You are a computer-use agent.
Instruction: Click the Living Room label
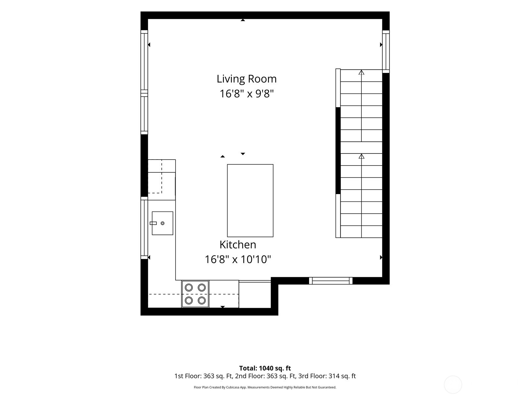pos(246,79)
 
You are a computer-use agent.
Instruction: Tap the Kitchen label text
pos(238,245)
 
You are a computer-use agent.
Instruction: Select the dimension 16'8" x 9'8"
pos(246,94)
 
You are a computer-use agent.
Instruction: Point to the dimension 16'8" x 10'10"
pos(238,259)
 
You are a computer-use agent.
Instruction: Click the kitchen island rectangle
pos(250,201)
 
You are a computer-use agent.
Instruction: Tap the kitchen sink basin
pos(162,223)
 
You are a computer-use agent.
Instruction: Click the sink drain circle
pos(163,223)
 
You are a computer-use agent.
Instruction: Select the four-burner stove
pos(195,294)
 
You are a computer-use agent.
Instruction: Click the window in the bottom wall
pos(331,281)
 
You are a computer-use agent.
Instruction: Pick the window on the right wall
pos(386,51)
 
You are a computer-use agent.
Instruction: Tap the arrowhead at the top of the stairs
pos(361,72)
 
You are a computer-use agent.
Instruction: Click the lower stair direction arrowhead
pos(361,156)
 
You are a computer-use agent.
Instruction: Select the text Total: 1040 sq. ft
pos(265,368)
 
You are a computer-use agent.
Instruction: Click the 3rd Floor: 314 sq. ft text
pos(327,376)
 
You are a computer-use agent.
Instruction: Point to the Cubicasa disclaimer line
pos(265,387)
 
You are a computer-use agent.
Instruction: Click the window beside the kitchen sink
pos(144,228)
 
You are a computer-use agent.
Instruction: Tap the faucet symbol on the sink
pos(153,223)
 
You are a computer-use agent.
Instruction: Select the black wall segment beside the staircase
pos(338,151)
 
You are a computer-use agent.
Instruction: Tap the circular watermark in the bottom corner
pos(453,385)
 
